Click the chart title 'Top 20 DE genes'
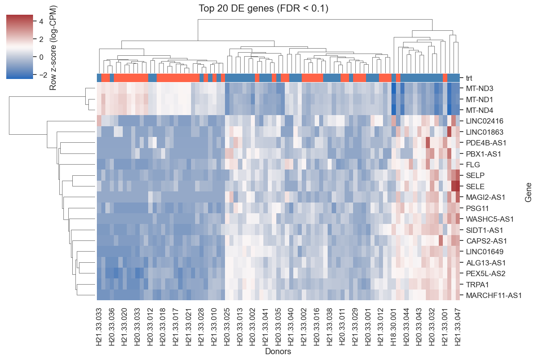(x=236, y=8)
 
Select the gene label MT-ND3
(x=479, y=89)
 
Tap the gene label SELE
(x=475, y=186)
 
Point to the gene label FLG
(x=473, y=165)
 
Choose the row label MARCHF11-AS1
(x=494, y=296)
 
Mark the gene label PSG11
(x=477, y=208)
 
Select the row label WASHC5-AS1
(x=490, y=219)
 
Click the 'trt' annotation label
(x=469, y=78)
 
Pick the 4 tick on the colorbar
(x=41, y=21)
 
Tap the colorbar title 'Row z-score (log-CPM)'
(x=53, y=48)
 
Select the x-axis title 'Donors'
(x=278, y=352)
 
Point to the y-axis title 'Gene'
(x=528, y=192)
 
